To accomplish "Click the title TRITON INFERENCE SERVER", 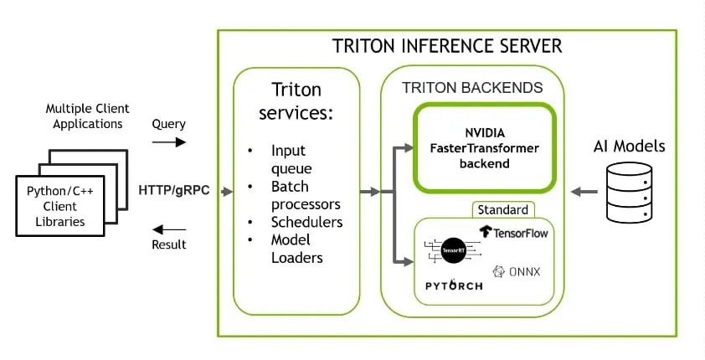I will point(446,46).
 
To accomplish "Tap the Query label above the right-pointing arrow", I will point(168,124).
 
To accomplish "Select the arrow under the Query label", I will point(169,142).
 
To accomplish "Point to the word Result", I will point(169,244).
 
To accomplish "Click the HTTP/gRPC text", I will point(173,191).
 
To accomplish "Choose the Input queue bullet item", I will point(289,160).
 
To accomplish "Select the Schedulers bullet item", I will point(306,222).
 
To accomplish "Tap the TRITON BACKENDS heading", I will point(472,87).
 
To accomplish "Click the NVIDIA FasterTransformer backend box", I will point(485,148).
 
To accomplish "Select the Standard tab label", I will point(503,210).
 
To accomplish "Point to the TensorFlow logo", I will point(513,232).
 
